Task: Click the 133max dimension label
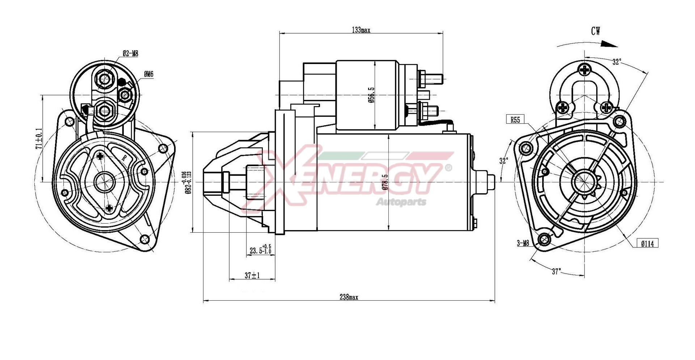click(x=361, y=30)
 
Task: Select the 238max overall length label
click(x=349, y=297)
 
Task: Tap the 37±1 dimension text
click(x=252, y=276)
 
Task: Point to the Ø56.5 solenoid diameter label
click(x=371, y=95)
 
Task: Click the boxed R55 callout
click(x=515, y=120)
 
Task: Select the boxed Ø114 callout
click(x=647, y=244)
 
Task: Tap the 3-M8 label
click(x=523, y=243)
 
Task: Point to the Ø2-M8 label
click(x=130, y=54)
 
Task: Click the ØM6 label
click(x=148, y=74)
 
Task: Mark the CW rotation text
click(x=595, y=31)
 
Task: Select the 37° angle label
click(x=556, y=271)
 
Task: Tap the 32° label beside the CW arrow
click(x=616, y=62)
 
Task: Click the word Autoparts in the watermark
click(x=401, y=202)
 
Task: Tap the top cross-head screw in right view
click(x=584, y=69)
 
